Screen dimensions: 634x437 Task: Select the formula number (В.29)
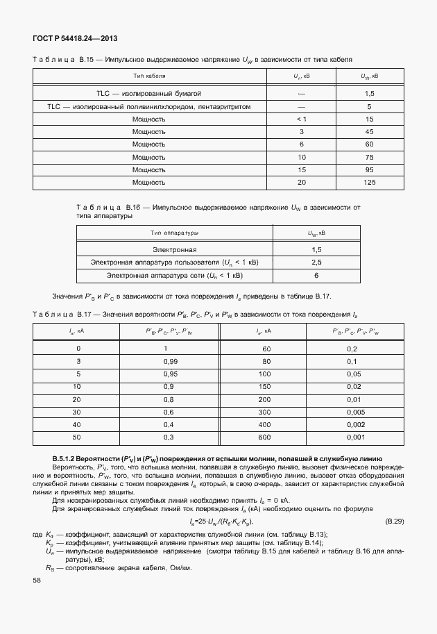[395, 521]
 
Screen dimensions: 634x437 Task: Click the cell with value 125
[369, 182]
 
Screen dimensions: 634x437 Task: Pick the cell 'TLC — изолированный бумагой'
[148, 93]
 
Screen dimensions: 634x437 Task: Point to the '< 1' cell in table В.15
[302, 119]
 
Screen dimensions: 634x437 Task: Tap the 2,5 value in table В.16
[316, 262]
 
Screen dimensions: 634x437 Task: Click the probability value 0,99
[166, 361]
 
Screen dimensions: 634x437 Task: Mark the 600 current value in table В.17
[265, 437]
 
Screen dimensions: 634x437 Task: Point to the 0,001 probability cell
[354, 437]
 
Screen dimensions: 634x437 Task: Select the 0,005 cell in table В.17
[354, 412]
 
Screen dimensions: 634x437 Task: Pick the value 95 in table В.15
[369, 169]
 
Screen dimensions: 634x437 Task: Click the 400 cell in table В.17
[265, 424]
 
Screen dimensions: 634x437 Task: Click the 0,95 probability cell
[166, 374]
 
